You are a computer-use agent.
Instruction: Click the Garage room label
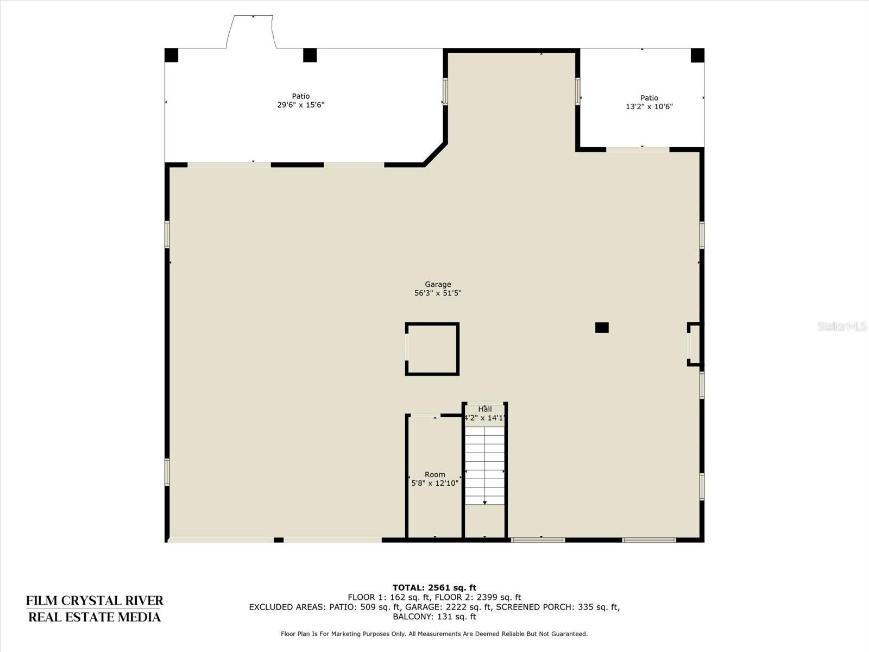tap(438, 284)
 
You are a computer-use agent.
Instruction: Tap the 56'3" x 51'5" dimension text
tap(438, 293)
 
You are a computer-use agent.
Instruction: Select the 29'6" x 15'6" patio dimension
tap(301, 105)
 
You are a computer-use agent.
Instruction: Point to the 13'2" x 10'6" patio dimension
tap(649, 106)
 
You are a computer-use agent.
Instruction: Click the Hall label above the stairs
tap(485, 409)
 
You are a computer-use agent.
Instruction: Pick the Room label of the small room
tap(435, 474)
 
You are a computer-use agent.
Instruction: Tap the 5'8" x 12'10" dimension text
tap(435, 484)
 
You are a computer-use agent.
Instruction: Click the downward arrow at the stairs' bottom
tap(484, 503)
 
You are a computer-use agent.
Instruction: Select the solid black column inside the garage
tap(602, 328)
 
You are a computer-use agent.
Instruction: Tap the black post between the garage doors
tap(279, 540)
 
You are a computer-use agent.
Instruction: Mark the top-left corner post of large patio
tap(172, 55)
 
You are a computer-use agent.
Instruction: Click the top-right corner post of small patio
tap(697, 55)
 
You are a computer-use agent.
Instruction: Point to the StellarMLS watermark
tap(842, 326)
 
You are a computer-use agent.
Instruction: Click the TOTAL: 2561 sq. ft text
tap(434, 588)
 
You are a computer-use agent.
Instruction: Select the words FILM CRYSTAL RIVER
tap(95, 600)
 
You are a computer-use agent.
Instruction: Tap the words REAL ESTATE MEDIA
tap(95, 617)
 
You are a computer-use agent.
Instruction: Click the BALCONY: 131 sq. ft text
tap(434, 617)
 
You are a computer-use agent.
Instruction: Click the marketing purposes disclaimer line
tap(434, 634)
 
